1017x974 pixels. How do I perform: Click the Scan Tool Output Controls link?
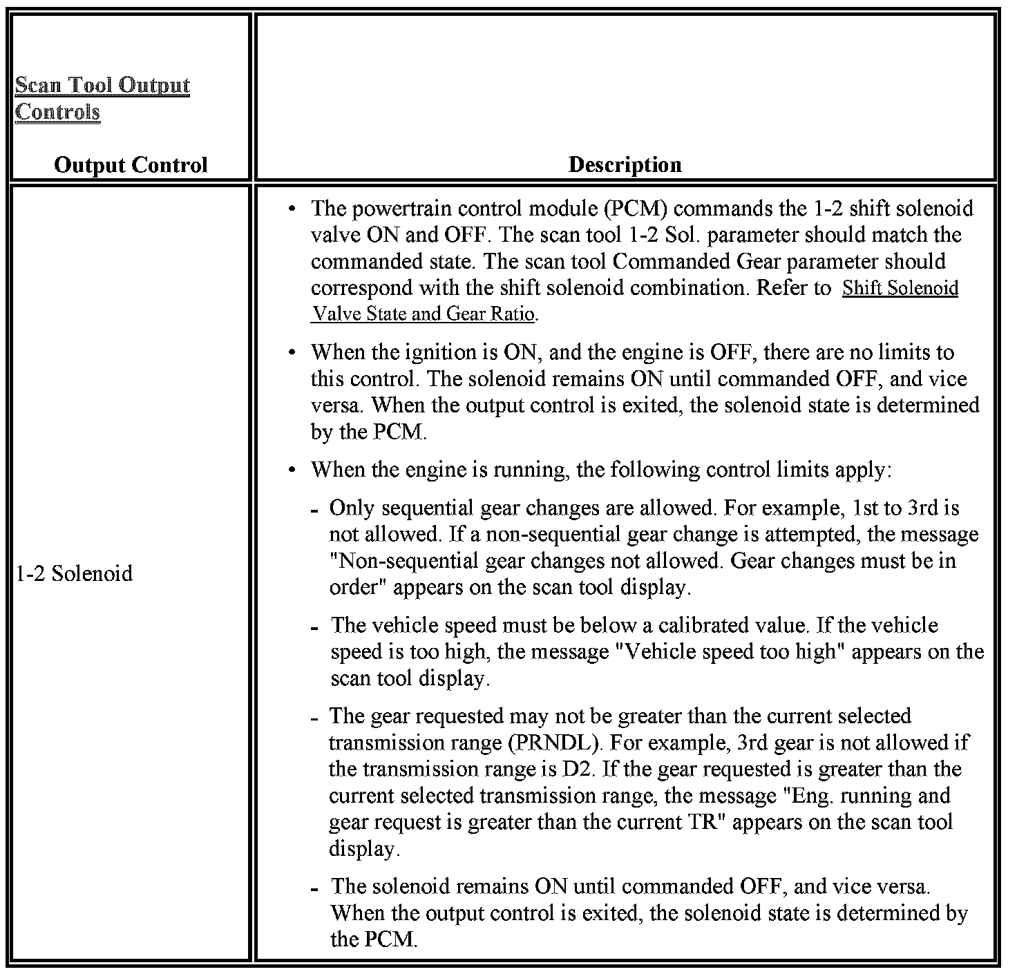point(102,98)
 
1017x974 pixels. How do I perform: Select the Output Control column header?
point(131,165)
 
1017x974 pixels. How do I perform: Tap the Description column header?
point(625,164)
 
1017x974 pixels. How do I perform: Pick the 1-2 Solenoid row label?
point(74,573)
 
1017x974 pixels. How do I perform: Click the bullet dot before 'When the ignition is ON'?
point(293,352)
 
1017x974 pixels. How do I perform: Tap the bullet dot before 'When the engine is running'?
point(293,470)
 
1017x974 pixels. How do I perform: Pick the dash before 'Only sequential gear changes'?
point(314,510)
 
